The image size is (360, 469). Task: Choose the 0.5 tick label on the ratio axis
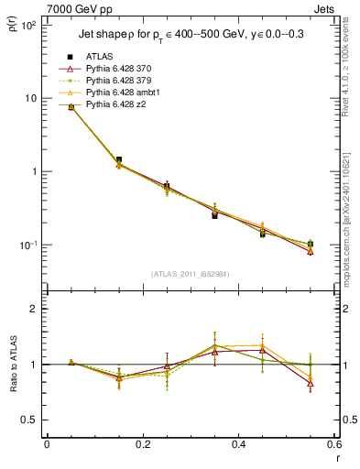[x=29, y=420]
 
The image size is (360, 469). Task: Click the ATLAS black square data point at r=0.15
[x=118, y=159]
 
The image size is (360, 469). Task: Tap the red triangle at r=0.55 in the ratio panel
[x=311, y=383]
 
